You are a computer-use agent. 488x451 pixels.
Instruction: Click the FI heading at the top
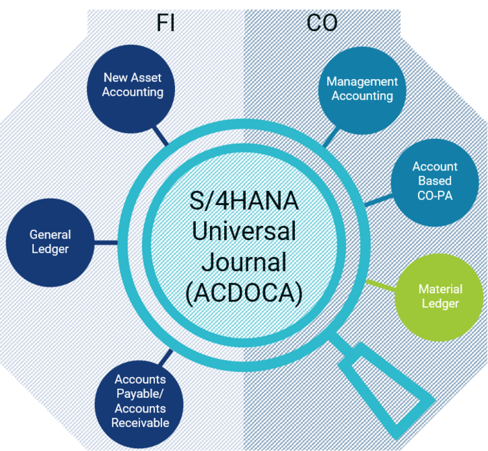pos(166,24)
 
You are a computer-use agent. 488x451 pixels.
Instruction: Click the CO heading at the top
pos(322,24)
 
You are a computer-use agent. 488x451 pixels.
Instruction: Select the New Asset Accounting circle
pos(133,84)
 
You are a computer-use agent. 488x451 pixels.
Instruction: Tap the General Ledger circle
pos(50,241)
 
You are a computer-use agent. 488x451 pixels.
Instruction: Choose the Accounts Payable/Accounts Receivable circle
pos(140,401)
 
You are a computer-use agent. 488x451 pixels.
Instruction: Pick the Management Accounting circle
pos(362,88)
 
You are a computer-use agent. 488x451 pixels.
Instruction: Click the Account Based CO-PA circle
pos(434,181)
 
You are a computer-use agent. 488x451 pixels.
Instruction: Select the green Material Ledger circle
pos(440,297)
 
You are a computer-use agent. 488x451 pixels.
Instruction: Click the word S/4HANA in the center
pos(244,203)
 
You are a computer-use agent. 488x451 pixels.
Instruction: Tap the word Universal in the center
pos(244,232)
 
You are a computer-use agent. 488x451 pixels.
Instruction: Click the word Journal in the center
pos(244,262)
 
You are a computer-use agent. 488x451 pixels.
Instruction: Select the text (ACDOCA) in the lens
pos(244,291)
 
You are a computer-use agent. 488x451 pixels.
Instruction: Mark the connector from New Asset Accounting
pos(161,135)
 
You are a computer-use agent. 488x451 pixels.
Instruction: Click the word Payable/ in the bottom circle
pos(140,394)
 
